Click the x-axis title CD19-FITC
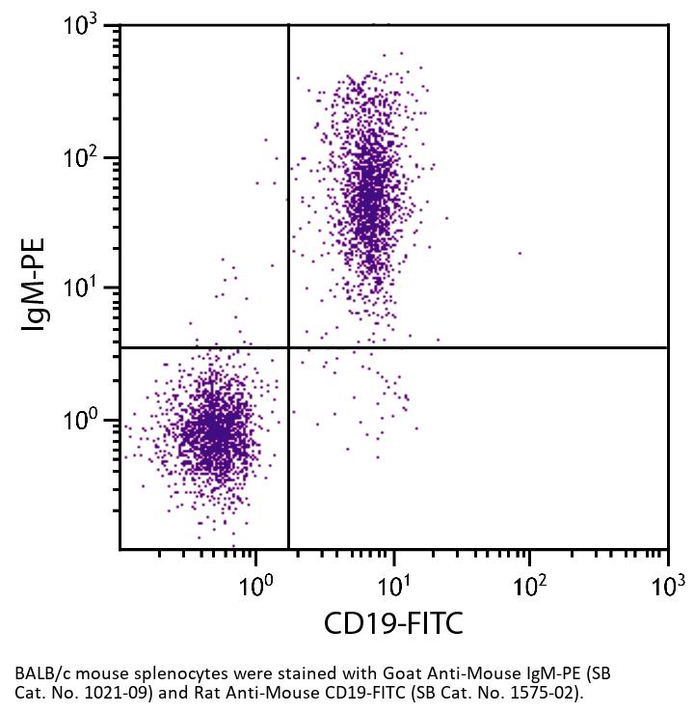point(393,624)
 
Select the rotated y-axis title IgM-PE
point(36,287)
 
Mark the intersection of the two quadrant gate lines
point(288,347)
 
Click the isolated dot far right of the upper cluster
point(520,254)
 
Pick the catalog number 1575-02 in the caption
point(550,692)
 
